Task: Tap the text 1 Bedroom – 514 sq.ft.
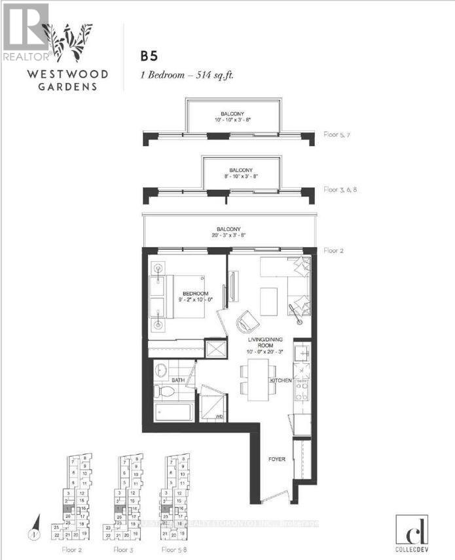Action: (187, 75)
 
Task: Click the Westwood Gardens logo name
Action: (58, 79)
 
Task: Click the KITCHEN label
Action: (281, 380)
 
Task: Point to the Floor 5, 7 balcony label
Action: (340, 135)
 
